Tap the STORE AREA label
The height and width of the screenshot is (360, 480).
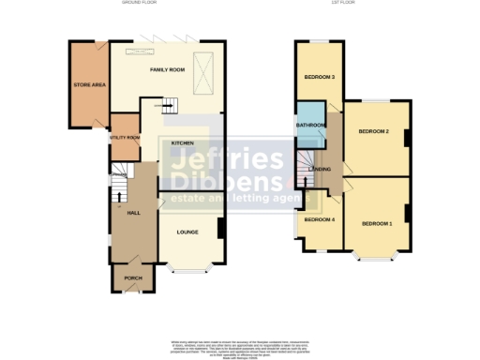[x=88, y=85]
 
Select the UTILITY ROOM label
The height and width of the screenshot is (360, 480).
[x=125, y=138]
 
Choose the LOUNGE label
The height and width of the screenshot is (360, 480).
[x=187, y=231]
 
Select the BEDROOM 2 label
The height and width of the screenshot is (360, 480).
[x=373, y=131]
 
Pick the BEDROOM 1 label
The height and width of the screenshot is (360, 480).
[x=377, y=223]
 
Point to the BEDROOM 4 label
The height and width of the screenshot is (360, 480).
[x=319, y=219]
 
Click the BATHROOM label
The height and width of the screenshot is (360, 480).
[x=310, y=125]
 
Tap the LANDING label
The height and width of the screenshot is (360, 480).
[x=320, y=169]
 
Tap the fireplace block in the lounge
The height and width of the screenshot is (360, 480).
[x=220, y=229]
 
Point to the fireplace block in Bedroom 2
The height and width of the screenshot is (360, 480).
[x=405, y=138]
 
